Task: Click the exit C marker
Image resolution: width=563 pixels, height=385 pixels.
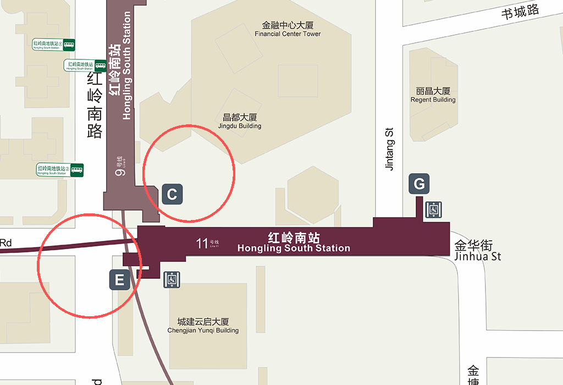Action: (x=172, y=194)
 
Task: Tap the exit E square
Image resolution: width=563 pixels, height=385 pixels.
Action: (x=119, y=280)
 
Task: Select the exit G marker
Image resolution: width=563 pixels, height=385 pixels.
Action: (x=419, y=184)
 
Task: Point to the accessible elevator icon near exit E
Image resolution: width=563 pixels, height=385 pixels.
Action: (x=172, y=279)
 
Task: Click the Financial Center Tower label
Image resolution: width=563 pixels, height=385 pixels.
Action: (x=288, y=30)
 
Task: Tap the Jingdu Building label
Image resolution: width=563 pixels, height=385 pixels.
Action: (x=240, y=122)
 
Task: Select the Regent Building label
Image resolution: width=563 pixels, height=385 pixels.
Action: (x=433, y=95)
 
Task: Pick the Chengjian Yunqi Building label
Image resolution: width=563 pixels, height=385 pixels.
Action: (x=203, y=326)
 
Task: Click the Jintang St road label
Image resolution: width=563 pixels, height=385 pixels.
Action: (x=390, y=149)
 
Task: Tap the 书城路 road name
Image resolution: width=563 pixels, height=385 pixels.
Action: (x=520, y=12)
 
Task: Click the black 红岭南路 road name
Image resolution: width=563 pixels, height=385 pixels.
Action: (x=95, y=106)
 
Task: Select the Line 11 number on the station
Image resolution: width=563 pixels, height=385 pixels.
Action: (x=202, y=243)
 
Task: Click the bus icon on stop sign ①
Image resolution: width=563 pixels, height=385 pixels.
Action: (x=69, y=45)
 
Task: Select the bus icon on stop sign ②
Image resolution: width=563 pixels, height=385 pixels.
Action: (x=77, y=170)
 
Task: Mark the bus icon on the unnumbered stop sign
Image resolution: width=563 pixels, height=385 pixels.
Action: (x=100, y=65)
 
